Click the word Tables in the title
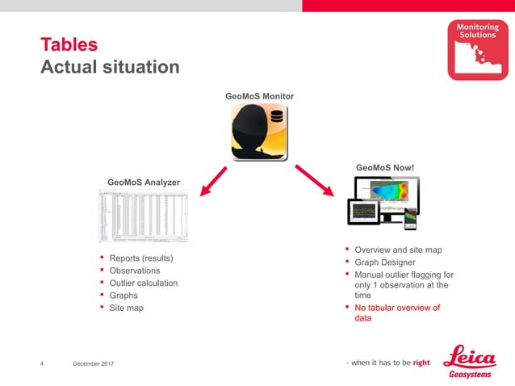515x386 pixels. tap(69, 44)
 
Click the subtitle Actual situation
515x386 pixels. tap(110, 67)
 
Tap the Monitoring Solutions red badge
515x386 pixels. tap(478, 50)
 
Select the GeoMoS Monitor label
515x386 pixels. tap(259, 97)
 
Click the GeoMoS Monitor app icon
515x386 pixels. tap(259, 132)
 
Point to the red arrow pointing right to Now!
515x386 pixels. tap(316, 180)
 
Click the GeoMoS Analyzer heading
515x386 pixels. tap(144, 183)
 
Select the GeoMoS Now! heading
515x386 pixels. tap(385, 168)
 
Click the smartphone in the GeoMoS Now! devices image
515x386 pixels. tap(411, 218)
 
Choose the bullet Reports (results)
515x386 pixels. tap(141, 258)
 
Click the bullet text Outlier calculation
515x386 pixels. tap(143, 283)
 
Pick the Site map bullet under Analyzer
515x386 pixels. tap(126, 308)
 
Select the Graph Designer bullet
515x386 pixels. tap(385, 262)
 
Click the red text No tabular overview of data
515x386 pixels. tap(397, 313)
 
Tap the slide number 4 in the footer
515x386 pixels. tap(42, 364)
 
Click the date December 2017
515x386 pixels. tap(93, 364)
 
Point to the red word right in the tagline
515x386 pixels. tap(421, 363)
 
